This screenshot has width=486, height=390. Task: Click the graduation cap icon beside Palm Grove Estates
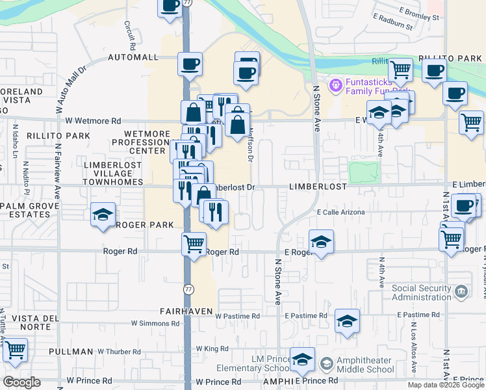click(103, 215)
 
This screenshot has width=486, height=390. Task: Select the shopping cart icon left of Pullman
click(15, 350)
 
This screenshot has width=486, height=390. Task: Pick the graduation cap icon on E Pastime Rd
click(347, 321)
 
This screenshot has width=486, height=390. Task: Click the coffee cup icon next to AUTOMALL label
click(190, 64)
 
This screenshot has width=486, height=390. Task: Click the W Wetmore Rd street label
click(93, 121)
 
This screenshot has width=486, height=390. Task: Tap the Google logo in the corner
click(21, 382)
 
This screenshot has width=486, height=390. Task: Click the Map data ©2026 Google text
click(446, 385)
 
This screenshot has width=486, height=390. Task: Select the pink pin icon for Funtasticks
click(336, 84)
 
